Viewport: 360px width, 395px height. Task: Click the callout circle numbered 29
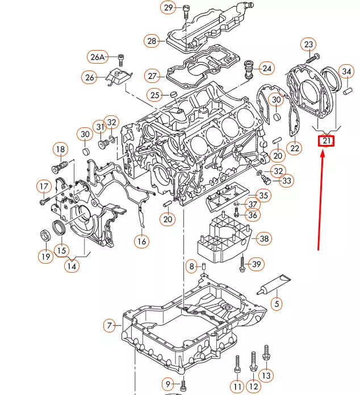(x=169, y=8)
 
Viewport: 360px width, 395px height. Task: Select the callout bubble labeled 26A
(x=98, y=57)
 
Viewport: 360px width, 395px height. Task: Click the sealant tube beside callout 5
(x=273, y=285)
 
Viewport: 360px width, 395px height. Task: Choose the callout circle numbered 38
(x=263, y=239)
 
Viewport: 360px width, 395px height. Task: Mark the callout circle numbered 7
(x=110, y=326)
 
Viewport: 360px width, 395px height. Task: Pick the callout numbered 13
(x=266, y=375)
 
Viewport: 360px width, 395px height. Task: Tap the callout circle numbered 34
(x=346, y=72)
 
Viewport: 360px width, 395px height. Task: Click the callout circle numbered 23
(x=308, y=44)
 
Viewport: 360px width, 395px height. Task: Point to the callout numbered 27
(x=152, y=76)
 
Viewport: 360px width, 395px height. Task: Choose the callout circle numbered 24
(x=266, y=69)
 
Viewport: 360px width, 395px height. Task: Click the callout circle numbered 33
(x=287, y=181)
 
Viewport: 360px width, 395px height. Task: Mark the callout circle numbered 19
(x=45, y=256)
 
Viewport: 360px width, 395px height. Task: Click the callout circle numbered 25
(x=154, y=94)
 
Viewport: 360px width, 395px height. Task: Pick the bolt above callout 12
(x=253, y=358)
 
